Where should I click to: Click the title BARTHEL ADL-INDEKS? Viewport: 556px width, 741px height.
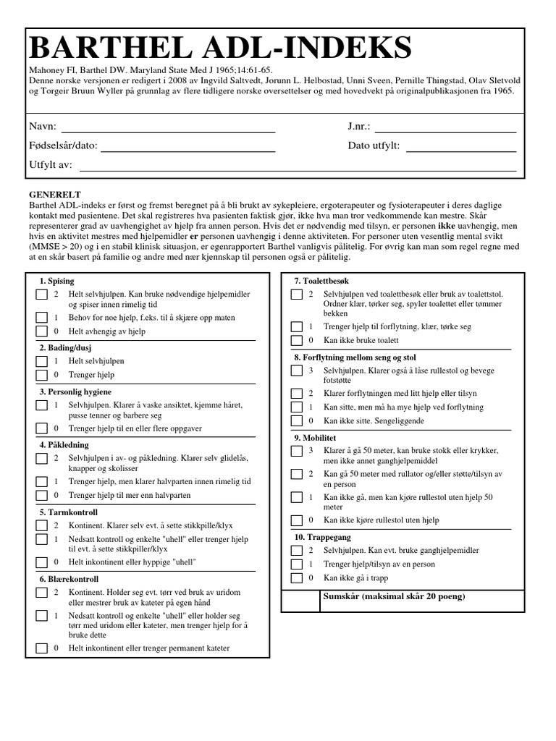221,48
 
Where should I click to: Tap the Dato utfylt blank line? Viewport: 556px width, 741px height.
460,147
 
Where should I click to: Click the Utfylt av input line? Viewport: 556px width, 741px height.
297,166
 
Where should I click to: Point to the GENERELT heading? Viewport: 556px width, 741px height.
54,195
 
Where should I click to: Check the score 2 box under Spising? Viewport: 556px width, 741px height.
41,295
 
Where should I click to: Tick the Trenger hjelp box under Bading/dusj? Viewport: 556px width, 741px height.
41,375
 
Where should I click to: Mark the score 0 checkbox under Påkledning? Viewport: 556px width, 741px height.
41,496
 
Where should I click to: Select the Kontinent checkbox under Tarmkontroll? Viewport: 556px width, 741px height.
41,526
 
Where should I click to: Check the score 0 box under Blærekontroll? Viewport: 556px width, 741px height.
41,648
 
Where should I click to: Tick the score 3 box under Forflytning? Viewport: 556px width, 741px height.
296,370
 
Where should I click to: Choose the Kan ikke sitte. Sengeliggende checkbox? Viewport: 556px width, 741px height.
296,420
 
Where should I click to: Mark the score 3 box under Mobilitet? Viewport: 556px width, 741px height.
296,451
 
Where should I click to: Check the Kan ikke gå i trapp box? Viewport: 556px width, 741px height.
296,577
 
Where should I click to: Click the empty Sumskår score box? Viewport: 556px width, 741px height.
300,601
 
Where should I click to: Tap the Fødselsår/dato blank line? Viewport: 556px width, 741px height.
188,147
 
